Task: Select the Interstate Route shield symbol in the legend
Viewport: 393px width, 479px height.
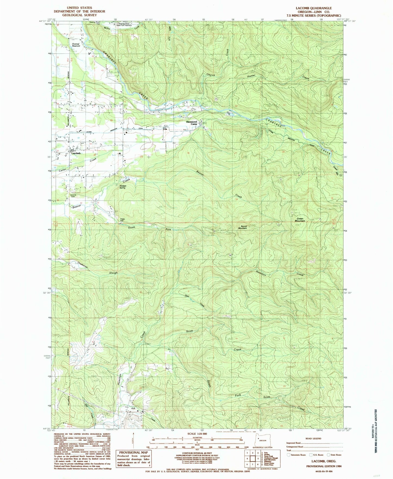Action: pos(289,455)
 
